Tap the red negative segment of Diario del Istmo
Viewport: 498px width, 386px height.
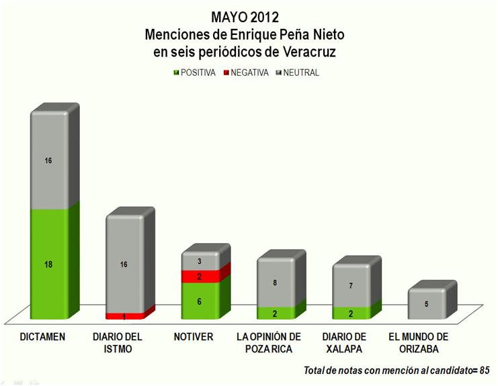click(x=124, y=316)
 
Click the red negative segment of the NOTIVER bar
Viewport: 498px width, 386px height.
click(x=200, y=277)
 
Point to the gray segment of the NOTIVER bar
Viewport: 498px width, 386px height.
click(x=200, y=261)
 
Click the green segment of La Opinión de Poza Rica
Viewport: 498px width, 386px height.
click(x=275, y=313)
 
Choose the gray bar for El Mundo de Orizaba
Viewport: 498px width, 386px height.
click(x=425, y=304)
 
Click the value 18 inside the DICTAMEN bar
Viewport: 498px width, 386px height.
click(x=48, y=264)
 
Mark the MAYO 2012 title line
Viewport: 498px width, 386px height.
click(x=249, y=16)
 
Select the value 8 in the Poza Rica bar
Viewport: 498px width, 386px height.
click(x=275, y=283)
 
